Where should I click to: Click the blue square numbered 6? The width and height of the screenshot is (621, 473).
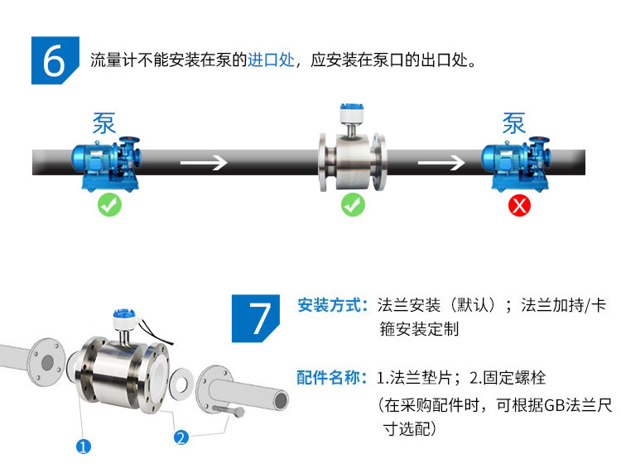click(x=55, y=60)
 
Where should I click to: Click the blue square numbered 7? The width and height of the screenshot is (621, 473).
click(x=256, y=318)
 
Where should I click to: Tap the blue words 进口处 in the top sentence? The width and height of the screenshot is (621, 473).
click(x=272, y=60)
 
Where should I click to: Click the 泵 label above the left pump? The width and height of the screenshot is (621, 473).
click(x=104, y=123)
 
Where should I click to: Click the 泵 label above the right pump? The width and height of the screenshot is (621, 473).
click(x=514, y=123)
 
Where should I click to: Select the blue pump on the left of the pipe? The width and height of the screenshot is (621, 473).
click(x=106, y=164)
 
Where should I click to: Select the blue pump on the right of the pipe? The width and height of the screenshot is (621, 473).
click(x=516, y=164)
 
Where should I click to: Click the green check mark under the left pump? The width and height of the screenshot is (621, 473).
click(x=109, y=205)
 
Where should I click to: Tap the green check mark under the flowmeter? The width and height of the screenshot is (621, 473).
click(x=353, y=205)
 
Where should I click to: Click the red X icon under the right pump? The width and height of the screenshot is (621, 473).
click(x=519, y=205)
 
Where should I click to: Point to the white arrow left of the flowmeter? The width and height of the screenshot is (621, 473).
click(x=204, y=162)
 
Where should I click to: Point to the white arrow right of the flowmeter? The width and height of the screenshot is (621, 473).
click(x=441, y=162)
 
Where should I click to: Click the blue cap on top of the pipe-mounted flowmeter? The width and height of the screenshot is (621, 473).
click(x=352, y=107)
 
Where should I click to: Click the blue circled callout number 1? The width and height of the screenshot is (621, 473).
click(x=83, y=447)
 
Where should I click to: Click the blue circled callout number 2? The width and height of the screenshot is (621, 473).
click(x=181, y=437)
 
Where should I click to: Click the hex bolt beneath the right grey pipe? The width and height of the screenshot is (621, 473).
click(x=229, y=410)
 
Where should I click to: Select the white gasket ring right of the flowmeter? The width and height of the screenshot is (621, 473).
click(x=182, y=385)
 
